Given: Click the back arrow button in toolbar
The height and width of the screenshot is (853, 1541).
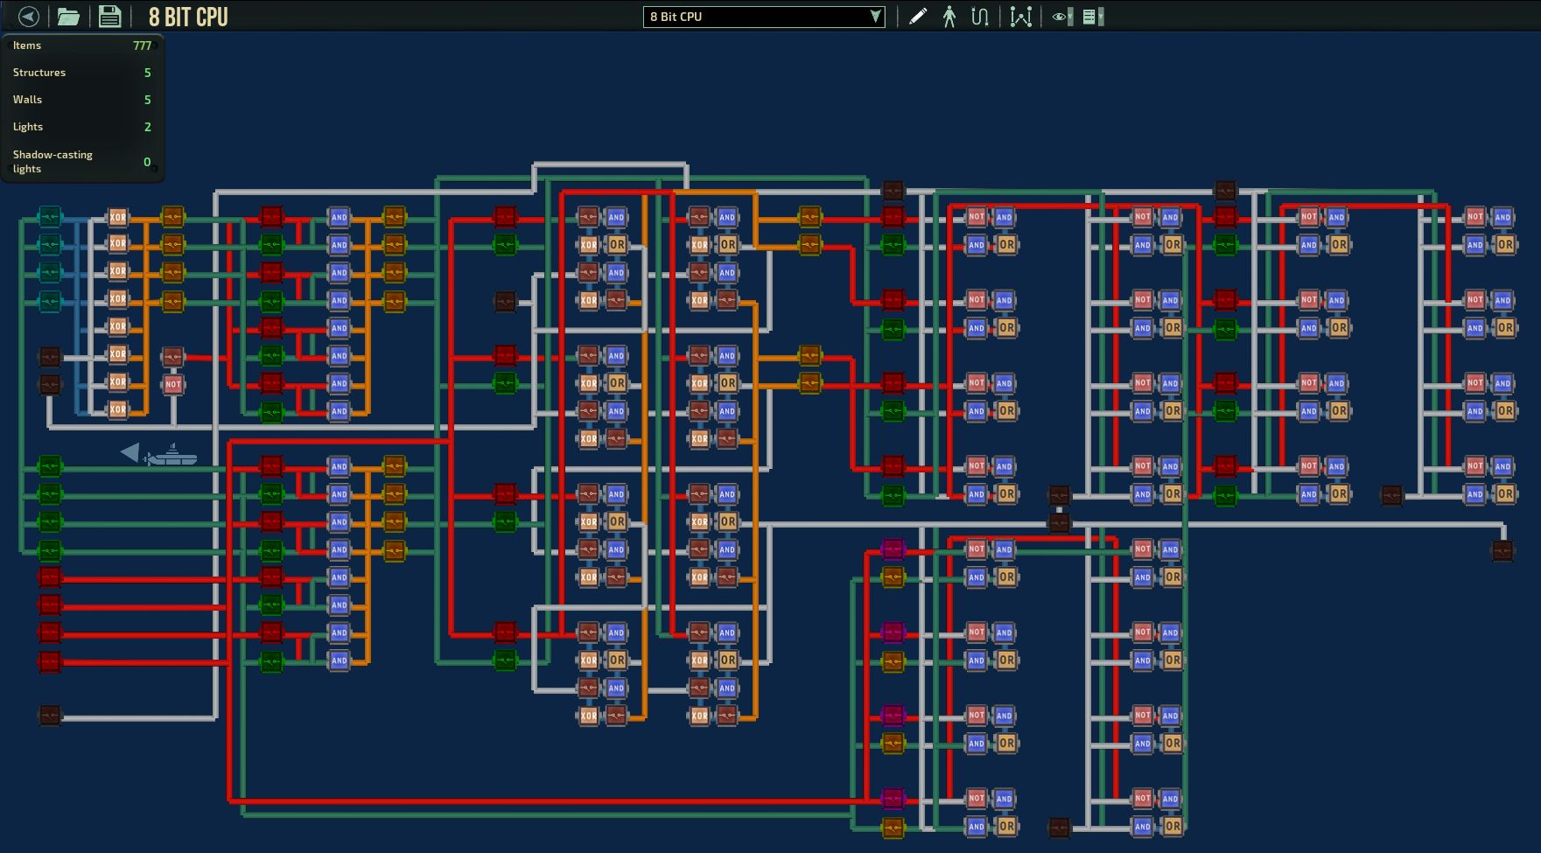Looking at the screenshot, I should tap(28, 17).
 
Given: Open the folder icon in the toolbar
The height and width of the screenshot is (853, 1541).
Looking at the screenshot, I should tap(68, 17).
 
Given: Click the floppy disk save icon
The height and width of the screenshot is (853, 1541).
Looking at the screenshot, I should tap(109, 17).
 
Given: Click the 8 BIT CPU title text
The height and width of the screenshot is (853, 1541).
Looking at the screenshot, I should tap(188, 17).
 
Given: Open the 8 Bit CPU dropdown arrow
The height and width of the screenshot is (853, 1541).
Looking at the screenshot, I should tap(874, 17).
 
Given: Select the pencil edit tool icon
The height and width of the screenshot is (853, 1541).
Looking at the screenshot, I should tap(917, 17).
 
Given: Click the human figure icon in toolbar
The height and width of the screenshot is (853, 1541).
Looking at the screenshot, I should tap(949, 17).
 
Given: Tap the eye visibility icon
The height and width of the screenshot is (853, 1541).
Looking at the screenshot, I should tap(1061, 17).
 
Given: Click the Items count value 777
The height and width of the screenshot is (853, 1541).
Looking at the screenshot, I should tap(142, 45).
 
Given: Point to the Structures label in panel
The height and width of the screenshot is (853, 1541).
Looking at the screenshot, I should tap(39, 73).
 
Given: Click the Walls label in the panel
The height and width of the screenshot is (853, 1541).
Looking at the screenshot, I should tap(27, 100).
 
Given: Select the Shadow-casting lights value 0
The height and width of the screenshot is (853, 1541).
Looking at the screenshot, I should tap(147, 162).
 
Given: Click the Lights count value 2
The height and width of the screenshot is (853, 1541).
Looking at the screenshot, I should tap(147, 127).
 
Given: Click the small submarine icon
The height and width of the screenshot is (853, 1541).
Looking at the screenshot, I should tap(171, 455).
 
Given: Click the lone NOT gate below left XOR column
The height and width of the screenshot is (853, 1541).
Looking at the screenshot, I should tap(173, 384).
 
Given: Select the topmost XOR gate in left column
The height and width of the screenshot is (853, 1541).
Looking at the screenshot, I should tap(117, 217).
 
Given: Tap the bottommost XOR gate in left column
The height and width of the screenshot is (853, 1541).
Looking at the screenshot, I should tap(117, 409).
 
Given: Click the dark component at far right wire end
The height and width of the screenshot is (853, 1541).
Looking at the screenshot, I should tap(1502, 550).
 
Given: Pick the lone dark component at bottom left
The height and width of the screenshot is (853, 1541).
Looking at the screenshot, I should tap(50, 716).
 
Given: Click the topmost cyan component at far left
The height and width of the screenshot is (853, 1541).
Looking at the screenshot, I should tap(50, 216).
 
